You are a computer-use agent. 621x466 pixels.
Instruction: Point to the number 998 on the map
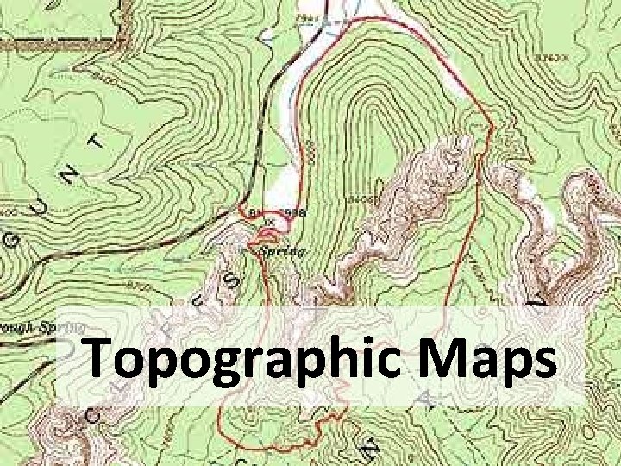tap(294, 211)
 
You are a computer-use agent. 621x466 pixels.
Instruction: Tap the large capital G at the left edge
tap(12, 246)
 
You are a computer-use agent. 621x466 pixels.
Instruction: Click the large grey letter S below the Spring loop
tap(232, 280)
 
